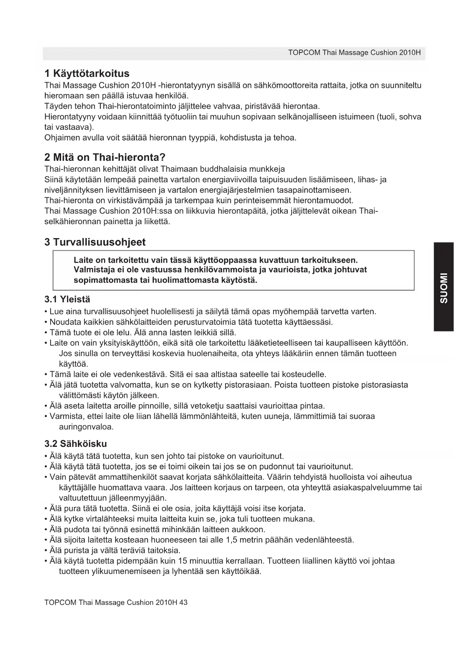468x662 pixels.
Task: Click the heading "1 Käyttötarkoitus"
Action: tap(87, 73)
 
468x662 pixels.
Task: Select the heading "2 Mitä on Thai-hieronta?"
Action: tap(105, 157)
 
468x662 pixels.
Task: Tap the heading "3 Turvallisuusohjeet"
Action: tap(95, 242)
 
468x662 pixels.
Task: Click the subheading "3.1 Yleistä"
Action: tap(67, 299)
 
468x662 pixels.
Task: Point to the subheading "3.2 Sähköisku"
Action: tap(75, 443)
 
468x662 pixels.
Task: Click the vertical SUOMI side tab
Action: tap(443, 287)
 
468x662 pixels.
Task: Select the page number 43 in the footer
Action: tap(183, 602)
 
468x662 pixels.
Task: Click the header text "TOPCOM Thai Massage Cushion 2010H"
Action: tap(354, 52)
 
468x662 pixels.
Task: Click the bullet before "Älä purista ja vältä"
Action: tap(46, 550)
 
